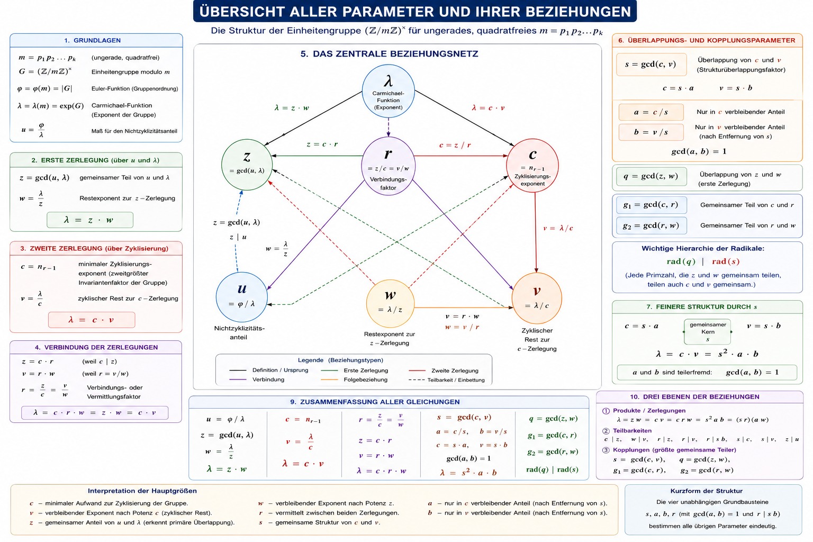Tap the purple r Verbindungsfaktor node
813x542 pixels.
[x=389, y=166]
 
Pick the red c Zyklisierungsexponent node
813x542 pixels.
[x=532, y=166]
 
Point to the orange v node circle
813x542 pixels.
[x=537, y=299]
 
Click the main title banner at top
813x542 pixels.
[x=415, y=11]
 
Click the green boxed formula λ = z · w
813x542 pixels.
[x=90, y=220]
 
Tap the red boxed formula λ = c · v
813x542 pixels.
[x=92, y=320]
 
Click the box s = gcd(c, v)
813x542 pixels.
[x=652, y=65]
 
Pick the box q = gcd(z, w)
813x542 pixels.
[x=652, y=176]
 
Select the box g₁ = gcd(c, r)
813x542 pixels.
[x=652, y=205]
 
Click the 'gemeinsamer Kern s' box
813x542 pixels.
[x=707, y=332]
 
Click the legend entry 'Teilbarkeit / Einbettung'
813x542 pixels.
[x=446, y=380]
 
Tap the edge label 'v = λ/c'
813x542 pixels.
[x=558, y=228]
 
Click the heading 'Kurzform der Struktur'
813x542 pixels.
[x=706, y=491]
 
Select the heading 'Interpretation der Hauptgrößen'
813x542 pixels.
[x=142, y=491]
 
